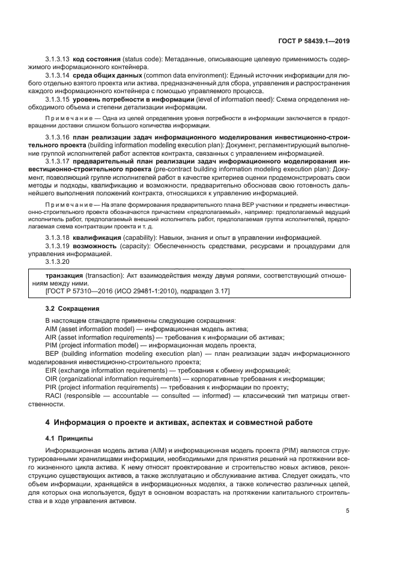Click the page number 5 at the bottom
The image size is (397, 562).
click(348, 511)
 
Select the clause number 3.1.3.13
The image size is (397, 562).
click(58, 60)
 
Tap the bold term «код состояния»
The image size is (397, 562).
click(96, 60)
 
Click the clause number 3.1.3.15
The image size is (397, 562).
click(58, 99)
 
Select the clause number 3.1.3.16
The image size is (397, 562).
click(58, 138)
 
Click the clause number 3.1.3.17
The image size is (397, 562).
click(58, 161)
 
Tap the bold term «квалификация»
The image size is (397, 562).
click(98, 238)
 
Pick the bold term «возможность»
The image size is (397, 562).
click(98, 246)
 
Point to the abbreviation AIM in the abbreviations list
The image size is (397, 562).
click(53, 329)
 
